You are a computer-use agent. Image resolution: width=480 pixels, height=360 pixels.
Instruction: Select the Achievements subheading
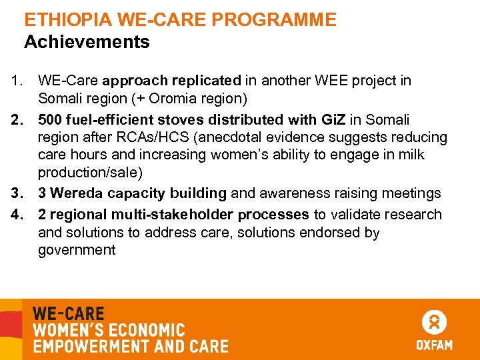[87, 42]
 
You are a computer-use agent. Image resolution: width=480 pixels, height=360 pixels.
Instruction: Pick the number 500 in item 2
[50, 120]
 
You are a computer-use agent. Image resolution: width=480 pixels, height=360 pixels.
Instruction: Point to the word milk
[412, 155]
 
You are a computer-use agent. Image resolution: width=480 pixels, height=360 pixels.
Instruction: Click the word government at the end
[77, 251]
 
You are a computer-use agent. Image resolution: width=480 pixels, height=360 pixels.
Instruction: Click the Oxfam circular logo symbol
[434, 323]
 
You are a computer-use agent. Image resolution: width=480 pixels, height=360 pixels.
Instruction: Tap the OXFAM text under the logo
[434, 345]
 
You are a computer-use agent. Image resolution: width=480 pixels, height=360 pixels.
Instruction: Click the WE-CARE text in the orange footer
[69, 313]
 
